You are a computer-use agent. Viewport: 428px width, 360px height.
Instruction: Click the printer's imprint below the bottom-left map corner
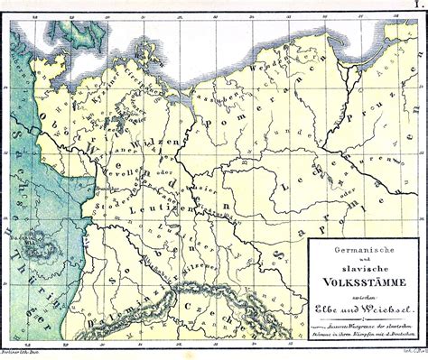[23, 354]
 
